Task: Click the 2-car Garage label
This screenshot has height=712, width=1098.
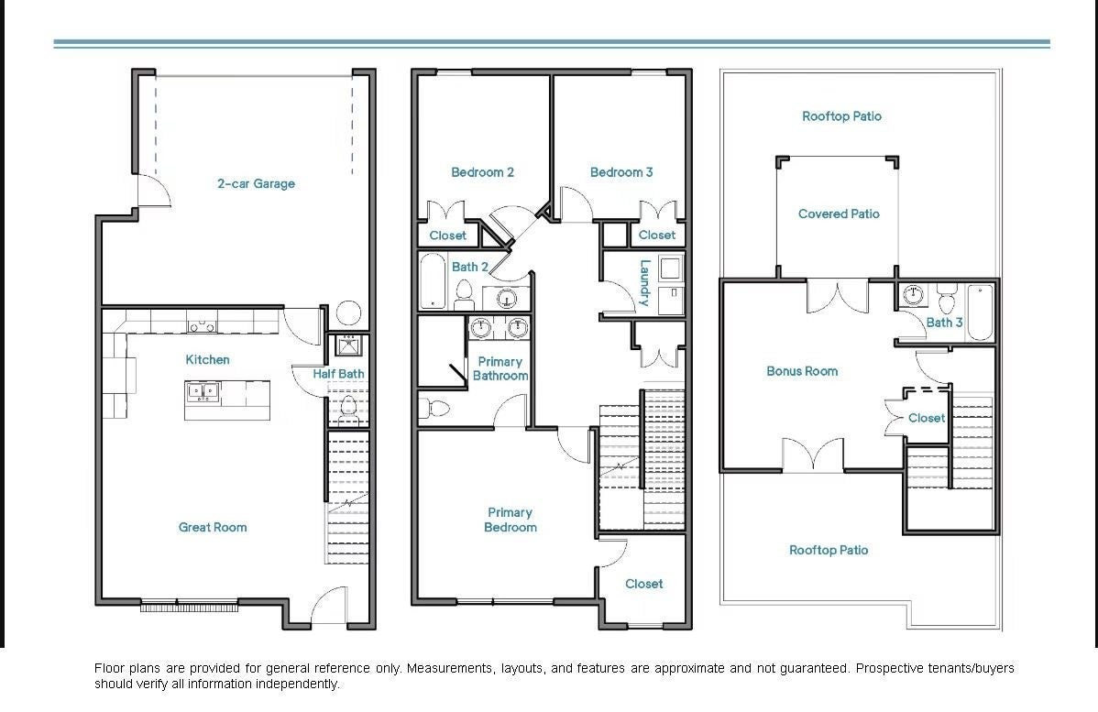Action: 256,183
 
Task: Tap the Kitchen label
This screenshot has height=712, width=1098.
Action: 207,359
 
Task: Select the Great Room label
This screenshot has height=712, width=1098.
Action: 213,527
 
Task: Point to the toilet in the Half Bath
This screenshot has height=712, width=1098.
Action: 347,410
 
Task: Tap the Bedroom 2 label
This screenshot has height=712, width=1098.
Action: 482,171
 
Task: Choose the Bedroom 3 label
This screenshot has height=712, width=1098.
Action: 621,171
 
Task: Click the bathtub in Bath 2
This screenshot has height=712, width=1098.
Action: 432,280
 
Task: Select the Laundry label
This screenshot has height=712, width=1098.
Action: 645,283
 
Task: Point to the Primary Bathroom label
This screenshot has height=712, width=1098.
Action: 500,368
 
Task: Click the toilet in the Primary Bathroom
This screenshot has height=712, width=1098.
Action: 434,408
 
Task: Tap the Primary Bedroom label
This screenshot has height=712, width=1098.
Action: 510,520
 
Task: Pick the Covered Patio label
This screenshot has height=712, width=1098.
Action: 839,214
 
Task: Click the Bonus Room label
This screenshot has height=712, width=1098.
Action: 802,371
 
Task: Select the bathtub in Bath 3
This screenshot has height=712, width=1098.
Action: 981,312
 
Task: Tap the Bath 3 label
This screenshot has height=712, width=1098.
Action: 944,322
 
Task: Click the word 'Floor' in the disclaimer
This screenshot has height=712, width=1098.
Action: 109,668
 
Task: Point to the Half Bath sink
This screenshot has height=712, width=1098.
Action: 348,345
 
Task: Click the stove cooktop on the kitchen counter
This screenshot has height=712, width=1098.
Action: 202,326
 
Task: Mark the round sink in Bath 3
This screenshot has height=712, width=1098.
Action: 913,295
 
